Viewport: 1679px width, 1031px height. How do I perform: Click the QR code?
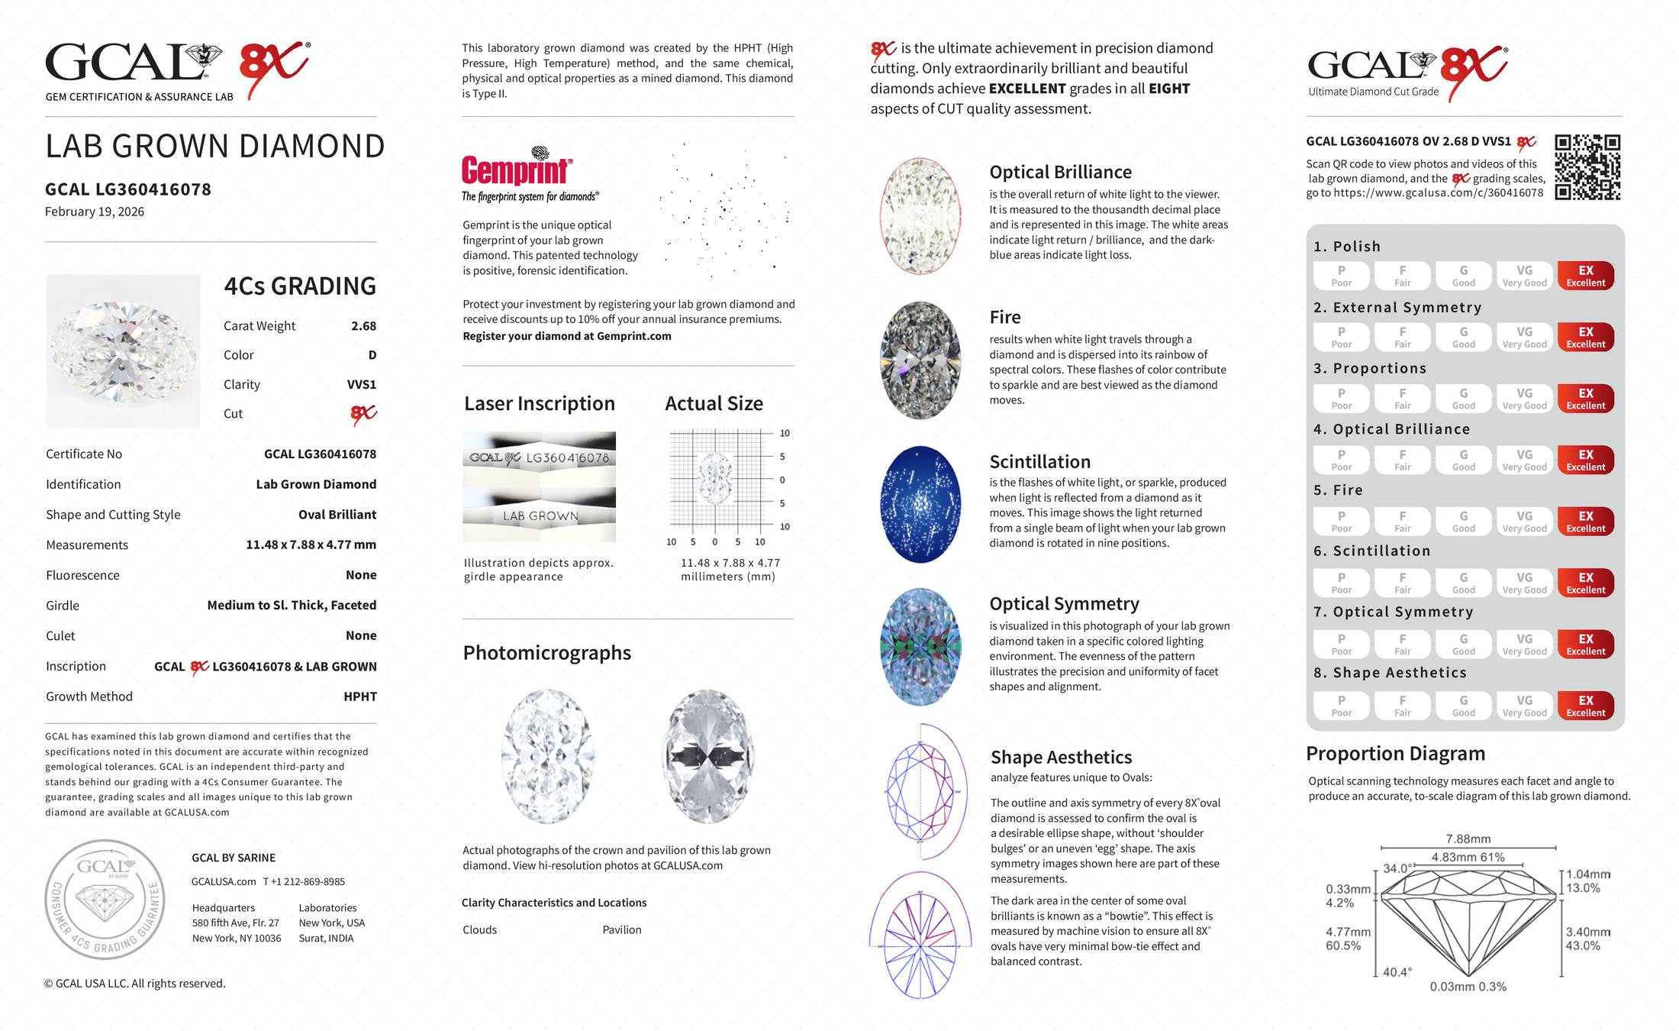click(x=1587, y=166)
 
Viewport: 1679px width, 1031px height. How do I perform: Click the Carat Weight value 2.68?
click(x=363, y=326)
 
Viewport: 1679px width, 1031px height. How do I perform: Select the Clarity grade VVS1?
click(x=361, y=385)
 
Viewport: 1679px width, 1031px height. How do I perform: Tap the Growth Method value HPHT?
click(x=359, y=696)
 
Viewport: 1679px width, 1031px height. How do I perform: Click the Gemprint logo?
click(x=517, y=170)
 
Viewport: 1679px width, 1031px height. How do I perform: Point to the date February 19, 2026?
click(x=95, y=212)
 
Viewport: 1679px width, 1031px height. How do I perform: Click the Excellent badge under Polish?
click(x=1585, y=276)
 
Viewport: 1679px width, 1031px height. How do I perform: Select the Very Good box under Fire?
click(x=1524, y=522)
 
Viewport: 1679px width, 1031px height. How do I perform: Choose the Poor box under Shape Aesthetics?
click(x=1341, y=706)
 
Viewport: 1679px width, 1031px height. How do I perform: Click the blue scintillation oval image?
click(x=920, y=504)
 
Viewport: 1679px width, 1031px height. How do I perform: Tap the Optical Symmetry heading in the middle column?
click(x=1064, y=604)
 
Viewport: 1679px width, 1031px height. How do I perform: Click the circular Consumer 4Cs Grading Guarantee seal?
click(x=105, y=899)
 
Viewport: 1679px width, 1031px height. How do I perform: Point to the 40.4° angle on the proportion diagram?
click(x=1397, y=972)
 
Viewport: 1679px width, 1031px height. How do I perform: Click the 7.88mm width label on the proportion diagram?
click(x=1468, y=839)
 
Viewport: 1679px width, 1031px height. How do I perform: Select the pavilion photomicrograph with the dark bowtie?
click(x=708, y=756)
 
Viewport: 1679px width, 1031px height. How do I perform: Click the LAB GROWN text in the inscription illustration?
click(x=540, y=516)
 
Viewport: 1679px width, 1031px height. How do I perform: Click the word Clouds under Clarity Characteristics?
click(x=479, y=930)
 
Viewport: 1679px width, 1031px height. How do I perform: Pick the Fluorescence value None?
click(x=361, y=575)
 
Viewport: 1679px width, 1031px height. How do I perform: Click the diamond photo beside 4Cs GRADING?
click(x=123, y=351)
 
